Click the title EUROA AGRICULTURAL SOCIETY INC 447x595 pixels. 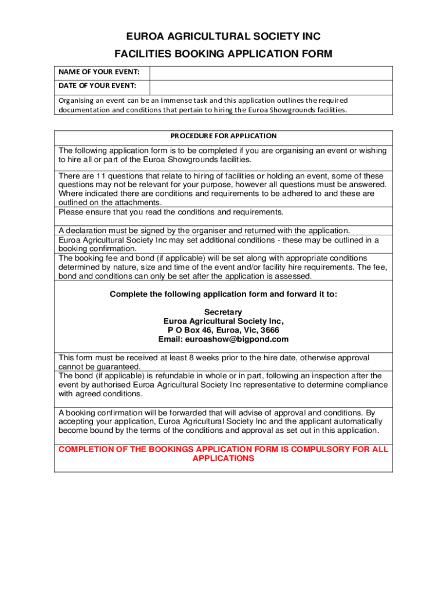[x=223, y=37]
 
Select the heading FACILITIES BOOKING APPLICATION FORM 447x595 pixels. [x=223, y=54]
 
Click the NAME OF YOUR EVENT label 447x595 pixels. [x=98, y=71]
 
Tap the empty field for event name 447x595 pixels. [x=271, y=73]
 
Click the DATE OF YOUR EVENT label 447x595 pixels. [x=96, y=86]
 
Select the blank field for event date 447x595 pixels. [x=271, y=87]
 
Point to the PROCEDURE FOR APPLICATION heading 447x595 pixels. [x=223, y=136]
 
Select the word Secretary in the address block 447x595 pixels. [x=223, y=312]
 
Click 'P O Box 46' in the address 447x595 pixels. [x=189, y=330]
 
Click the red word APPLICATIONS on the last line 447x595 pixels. [x=223, y=458]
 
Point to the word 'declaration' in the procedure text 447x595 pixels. [x=89, y=231]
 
